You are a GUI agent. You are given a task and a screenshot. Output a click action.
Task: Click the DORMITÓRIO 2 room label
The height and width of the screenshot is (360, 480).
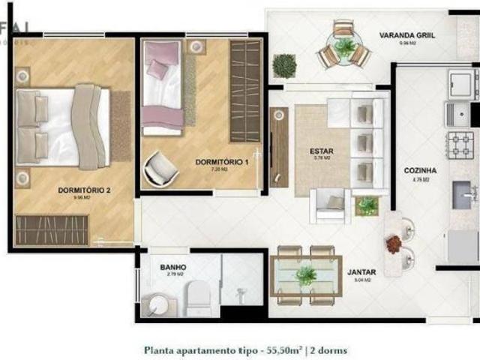click(84, 190)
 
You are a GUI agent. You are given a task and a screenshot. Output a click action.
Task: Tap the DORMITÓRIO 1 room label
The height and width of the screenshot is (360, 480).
click(221, 161)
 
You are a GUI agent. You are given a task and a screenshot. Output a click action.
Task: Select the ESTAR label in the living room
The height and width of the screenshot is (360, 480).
click(321, 151)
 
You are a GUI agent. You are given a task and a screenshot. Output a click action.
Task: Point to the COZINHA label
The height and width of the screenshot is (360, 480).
click(419, 170)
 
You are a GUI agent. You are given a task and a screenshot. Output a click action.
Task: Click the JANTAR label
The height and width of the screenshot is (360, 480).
click(361, 272)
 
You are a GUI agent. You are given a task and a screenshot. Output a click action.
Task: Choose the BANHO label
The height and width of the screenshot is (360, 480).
click(173, 267)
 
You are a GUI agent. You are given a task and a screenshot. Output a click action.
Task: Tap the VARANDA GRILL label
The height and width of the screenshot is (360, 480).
click(407, 35)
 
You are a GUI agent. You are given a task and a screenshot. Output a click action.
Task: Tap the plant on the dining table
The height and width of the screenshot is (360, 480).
click(306, 275)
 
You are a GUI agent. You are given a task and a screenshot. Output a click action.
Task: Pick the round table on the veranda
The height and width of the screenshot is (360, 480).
click(345, 49)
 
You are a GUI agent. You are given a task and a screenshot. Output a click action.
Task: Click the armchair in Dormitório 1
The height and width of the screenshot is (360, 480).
click(161, 169)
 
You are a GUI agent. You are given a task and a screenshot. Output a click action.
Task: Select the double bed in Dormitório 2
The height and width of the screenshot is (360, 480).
click(64, 127)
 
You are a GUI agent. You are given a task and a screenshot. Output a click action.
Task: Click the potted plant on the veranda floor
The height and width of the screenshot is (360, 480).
click(284, 66)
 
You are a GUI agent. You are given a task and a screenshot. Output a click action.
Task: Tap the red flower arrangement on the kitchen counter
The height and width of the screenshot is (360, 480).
click(393, 244)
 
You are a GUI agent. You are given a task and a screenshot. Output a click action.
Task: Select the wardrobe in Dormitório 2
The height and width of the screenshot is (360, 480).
click(52, 229)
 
